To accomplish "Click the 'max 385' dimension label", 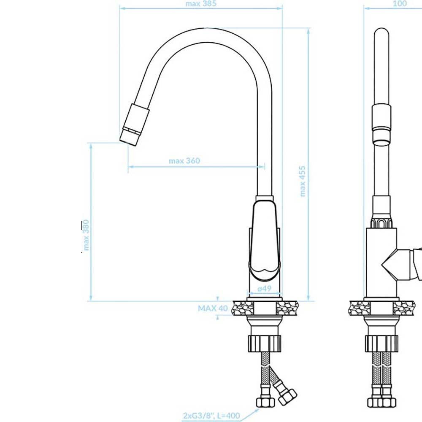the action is point(201,4).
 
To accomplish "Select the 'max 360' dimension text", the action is point(184,161).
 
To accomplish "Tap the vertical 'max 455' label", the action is point(303,181).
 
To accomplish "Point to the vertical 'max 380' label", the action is point(86,235).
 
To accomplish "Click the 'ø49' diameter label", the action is point(264,289).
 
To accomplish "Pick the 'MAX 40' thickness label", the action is point(213,308).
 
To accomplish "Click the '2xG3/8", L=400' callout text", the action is point(211,416).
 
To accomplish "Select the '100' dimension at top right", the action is point(400,3).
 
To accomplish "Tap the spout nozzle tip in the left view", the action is point(130,137).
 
